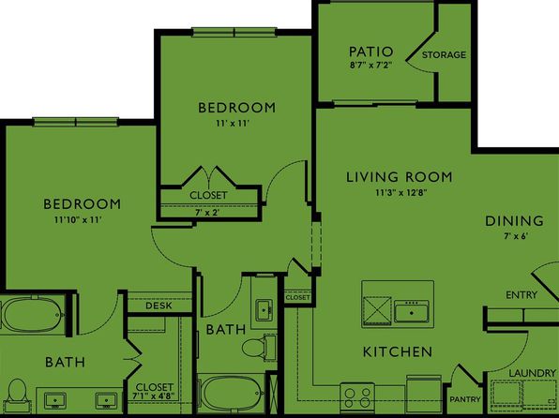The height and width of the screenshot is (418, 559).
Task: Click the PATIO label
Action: click(x=370, y=52)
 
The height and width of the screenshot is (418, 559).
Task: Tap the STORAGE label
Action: click(x=444, y=55)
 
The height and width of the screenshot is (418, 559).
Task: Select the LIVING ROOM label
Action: click(x=400, y=177)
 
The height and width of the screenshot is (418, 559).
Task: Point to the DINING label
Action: click(x=514, y=221)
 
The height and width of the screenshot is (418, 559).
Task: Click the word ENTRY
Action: click(x=521, y=295)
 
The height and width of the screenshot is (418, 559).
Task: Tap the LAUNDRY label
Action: click(x=532, y=373)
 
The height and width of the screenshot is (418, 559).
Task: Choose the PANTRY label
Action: click(x=465, y=399)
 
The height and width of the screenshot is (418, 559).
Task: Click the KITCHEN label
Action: click(x=398, y=352)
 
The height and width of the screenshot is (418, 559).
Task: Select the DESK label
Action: click(x=159, y=306)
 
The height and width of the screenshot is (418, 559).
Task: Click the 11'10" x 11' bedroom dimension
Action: click(x=79, y=220)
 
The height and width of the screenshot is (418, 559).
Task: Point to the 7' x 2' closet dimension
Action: click(x=206, y=213)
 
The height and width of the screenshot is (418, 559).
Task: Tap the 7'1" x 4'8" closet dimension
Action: click(x=153, y=396)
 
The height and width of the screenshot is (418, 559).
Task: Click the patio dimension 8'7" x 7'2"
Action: click(x=371, y=66)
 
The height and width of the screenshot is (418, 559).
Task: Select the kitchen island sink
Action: click(x=412, y=311)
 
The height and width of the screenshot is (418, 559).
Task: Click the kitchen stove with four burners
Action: click(x=357, y=397)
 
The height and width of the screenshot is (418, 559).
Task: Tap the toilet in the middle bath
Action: click(x=257, y=347)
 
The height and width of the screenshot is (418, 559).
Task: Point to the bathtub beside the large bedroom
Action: click(x=33, y=315)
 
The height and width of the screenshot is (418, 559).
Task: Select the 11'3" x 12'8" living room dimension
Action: click(x=401, y=193)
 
